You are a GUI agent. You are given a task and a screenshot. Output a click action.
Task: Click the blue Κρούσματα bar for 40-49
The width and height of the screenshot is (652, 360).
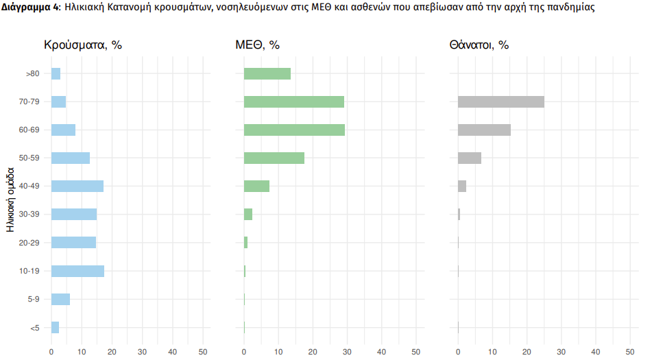pyautogui.click(x=77, y=186)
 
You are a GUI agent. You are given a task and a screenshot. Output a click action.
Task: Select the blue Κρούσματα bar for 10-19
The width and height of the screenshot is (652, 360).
pyautogui.click(x=77, y=271)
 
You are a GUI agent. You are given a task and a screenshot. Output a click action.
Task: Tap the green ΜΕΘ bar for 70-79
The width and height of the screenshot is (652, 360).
pyautogui.click(x=293, y=101)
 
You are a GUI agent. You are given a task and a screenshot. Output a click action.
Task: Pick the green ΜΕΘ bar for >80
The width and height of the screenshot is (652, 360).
pyautogui.click(x=267, y=73)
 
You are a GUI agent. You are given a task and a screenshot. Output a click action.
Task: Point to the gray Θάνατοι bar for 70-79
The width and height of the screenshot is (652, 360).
pyautogui.click(x=500, y=101)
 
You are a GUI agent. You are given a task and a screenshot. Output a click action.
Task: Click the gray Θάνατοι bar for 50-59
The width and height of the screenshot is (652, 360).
pyautogui.click(x=469, y=158)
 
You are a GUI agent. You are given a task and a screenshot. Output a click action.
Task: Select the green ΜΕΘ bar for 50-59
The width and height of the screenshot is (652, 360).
pyautogui.click(x=274, y=158)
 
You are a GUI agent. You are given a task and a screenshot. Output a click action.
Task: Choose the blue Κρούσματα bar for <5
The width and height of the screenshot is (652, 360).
pyautogui.click(x=55, y=327)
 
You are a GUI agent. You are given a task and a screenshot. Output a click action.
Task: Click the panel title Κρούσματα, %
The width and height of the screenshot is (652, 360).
pyautogui.click(x=83, y=45)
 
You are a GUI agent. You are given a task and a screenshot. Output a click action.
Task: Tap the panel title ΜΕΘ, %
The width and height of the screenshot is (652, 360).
pyautogui.click(x=258, y=45)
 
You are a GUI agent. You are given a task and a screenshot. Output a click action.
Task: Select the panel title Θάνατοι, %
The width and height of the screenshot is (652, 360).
pyautogui.click(x=479, y=45)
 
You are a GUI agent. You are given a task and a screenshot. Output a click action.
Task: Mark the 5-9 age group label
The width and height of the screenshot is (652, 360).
pyautogui.click(x=32, y=299)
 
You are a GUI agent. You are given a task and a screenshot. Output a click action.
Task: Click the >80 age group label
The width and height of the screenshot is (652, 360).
pyautogui.click(x=32, y=73)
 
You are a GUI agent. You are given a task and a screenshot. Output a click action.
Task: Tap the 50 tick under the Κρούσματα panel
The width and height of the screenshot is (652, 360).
pyautogui.click(x=202, y=352)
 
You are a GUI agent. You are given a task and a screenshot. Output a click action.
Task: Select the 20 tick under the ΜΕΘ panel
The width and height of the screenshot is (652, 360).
pyautogui.click(x=313, y=352)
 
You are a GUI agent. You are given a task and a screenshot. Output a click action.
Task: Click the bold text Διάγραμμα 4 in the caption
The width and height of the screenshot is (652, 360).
pyautogui.click(x=26, y=8)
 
